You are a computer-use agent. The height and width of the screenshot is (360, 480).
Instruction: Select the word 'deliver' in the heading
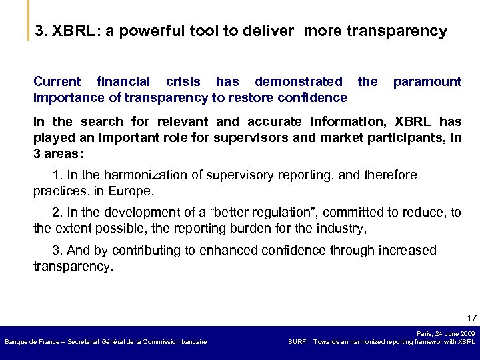click(269, 31)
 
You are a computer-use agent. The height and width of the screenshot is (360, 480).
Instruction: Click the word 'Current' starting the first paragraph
click(57, 82)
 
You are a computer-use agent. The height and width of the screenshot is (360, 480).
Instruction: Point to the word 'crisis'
click(183, 82)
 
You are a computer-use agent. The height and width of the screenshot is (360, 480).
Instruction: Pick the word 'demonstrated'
click(298, 82)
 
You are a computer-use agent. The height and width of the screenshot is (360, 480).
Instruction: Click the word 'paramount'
click(427, 82)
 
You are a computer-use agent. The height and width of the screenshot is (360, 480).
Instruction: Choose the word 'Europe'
click(135, 191)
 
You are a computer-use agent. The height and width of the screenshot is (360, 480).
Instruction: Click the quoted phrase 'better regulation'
click(263, 213)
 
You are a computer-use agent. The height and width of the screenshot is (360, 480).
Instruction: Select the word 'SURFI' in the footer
click(298, 342)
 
